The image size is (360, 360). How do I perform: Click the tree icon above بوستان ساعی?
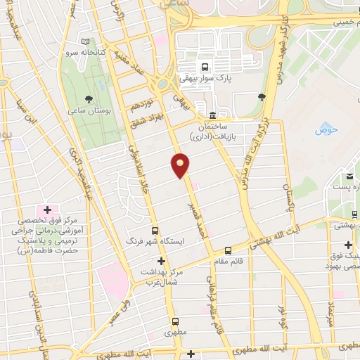click(88, 99)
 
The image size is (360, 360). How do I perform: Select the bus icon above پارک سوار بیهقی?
click(205, 67)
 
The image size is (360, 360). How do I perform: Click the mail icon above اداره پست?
click(349, 175)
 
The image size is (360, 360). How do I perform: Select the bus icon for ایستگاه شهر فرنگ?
click(155, 230)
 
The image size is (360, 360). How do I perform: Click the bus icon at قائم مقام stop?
click(228, 250)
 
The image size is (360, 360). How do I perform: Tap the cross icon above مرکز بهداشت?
click(161, 261)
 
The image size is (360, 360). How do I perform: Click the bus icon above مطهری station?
click(175, 322)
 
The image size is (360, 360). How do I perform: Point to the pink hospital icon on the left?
click(47, 210)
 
